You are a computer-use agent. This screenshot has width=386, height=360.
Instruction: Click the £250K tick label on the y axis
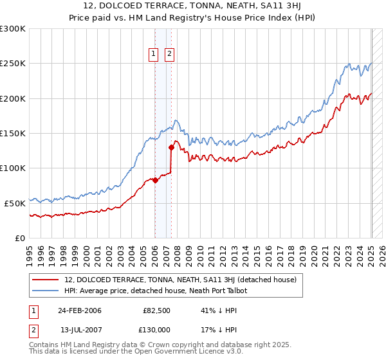tap(13, 64)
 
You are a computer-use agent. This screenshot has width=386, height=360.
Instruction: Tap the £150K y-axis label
tap(13, 133)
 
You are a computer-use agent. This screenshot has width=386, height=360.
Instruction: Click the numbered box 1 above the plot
tap(154, 55)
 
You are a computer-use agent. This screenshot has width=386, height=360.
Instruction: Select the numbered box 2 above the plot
tap(169, 55)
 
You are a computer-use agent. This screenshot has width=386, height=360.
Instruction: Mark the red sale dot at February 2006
tap(155, 181)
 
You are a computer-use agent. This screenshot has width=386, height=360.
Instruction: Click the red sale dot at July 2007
tap(171, 147)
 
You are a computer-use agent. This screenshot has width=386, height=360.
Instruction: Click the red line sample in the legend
tap(46, 280)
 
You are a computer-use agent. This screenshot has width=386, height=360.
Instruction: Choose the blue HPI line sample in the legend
tap(46, 291)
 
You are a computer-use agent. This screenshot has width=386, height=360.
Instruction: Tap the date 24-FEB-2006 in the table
tap(79, 310)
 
